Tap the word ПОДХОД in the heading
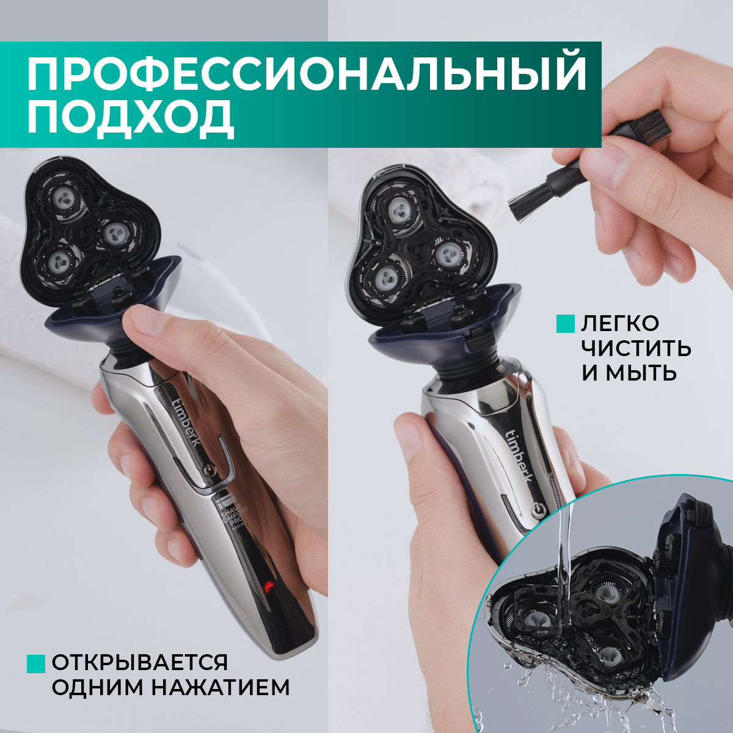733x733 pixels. click(130, 117)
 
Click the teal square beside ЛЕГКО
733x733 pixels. click(566, 324)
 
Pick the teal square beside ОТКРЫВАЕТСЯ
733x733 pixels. click(37, 663)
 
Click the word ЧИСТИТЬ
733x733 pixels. click(636, 348)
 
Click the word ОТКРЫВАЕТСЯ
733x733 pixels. click(140, 662)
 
